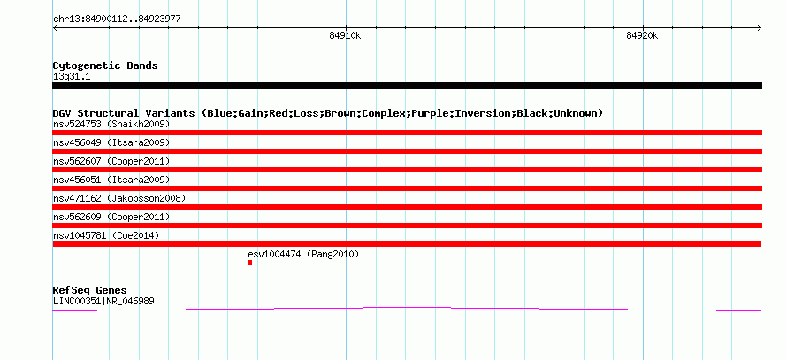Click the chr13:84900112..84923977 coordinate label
pyautogui.click(x=117, y=19)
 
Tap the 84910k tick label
pyautogui.click(x=345, y=35)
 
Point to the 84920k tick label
pyautogui.click(x=642, y=35)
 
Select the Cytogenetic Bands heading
pyautogui.click(x=105, y=65)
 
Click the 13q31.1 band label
pyautogui.click(x=72, y=77)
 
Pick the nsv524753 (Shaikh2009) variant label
pyautogui.click(x=111, y=124)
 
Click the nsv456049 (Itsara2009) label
pyautogui.click(x=111, y=142)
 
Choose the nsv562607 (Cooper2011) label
pyautogui.click(x=111, y=161)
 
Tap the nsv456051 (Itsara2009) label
pyautogui.click(x=111, y=180)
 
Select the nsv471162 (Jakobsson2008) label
pyautogui.click(x=119, y=198)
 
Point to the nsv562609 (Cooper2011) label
pyautogui.click(x=111, y=217)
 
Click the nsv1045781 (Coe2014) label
pyautogui.click(x=106, y=235)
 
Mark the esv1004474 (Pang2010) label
pyautogui.click(x=303, y=254)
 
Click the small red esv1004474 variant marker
pyautogui.click(x=250, y=263)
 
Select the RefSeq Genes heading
pyautogui.click(x=90, y=290)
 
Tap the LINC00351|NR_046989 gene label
pyautogui.click(x=103, y=302)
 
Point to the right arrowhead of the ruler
pyautogui.click(x=760, y=27)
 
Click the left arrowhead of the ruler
pyautogui.click(x=55, y=27)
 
